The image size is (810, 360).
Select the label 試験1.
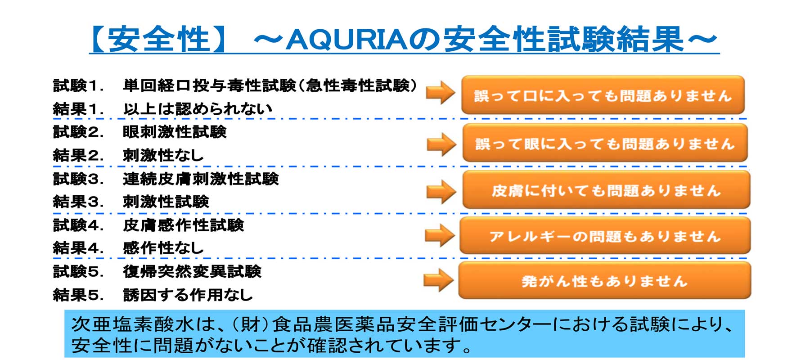[x=78, y=85]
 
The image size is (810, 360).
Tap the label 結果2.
[x=78, y=155]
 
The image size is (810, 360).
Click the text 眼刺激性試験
[x=175, y=132]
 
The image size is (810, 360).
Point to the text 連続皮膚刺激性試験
[x=201, y=179]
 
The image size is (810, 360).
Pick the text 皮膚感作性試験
[x=183, y=225]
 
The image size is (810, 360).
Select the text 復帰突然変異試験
[x=192, y=271]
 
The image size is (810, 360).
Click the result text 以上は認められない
[x=198, y=109]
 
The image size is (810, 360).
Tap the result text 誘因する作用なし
[x=188, y=295]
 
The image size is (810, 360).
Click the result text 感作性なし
[x=163, y=248]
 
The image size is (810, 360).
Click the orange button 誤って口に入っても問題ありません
[x=603, y=95]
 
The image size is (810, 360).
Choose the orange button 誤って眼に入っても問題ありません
[x=605, y=143]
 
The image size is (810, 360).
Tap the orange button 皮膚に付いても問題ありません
[x=606, y=190]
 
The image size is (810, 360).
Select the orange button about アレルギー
[x=605, y=236]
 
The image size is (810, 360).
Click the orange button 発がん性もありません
[x=605, y=280]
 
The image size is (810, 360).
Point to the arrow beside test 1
[x=441, y=93]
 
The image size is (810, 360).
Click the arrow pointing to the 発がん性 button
[x=439, y=280]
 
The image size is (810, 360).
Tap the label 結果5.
[x=78, y=295]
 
